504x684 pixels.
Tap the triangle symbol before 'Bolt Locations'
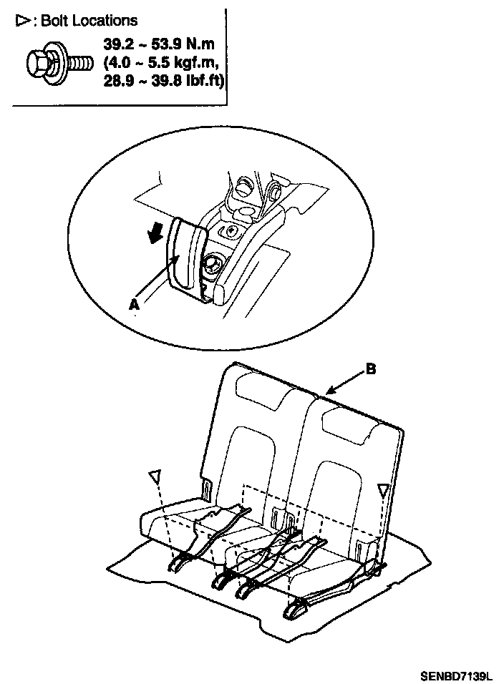coord(23,21)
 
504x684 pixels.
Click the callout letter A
coord(133,304)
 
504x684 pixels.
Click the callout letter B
coord(370,369)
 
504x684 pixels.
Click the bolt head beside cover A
coord(213,265)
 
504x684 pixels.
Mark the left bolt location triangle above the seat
coord(155,477)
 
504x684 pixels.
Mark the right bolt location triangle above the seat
coord(384,490)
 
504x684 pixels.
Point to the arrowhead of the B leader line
coord(326,392)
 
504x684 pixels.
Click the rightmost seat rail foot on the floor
coord(295,610)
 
